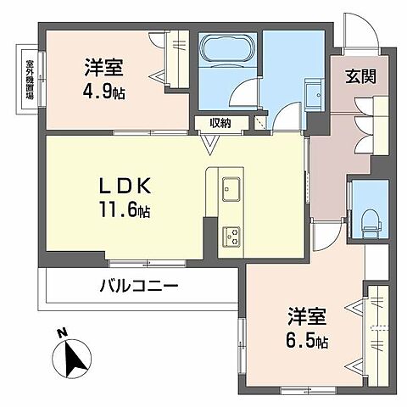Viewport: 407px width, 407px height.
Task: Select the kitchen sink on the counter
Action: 231,189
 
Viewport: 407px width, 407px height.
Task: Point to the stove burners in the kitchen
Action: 231,234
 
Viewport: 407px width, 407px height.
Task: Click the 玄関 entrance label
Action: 360,75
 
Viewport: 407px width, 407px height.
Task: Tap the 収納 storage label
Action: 220,124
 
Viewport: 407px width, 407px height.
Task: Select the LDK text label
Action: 130,183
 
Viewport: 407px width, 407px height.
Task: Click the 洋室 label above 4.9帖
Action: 103,65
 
